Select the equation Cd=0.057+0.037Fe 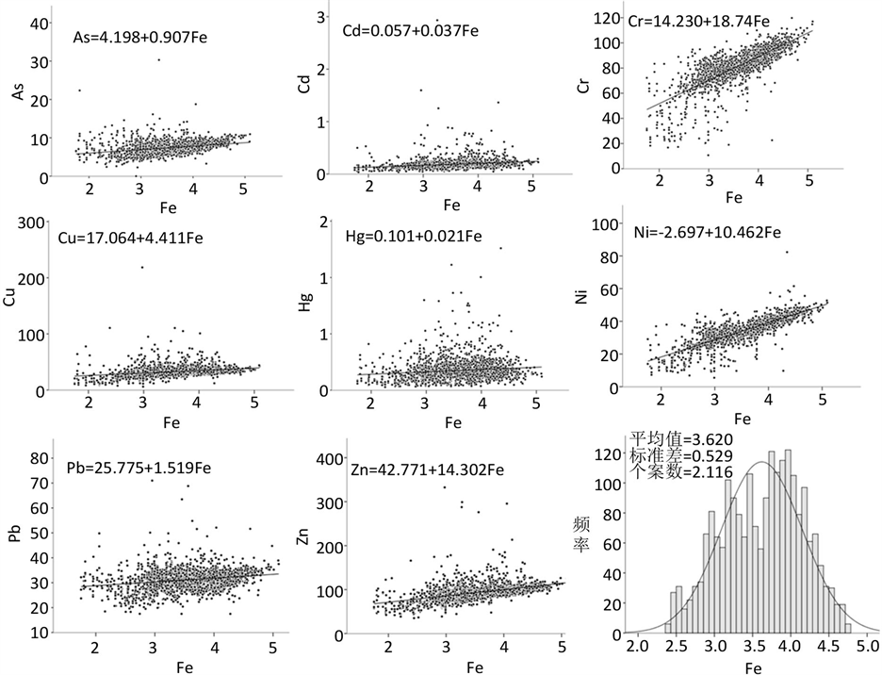pos(411,31)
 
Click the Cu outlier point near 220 pos(142,267)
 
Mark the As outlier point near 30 pos(158,59)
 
